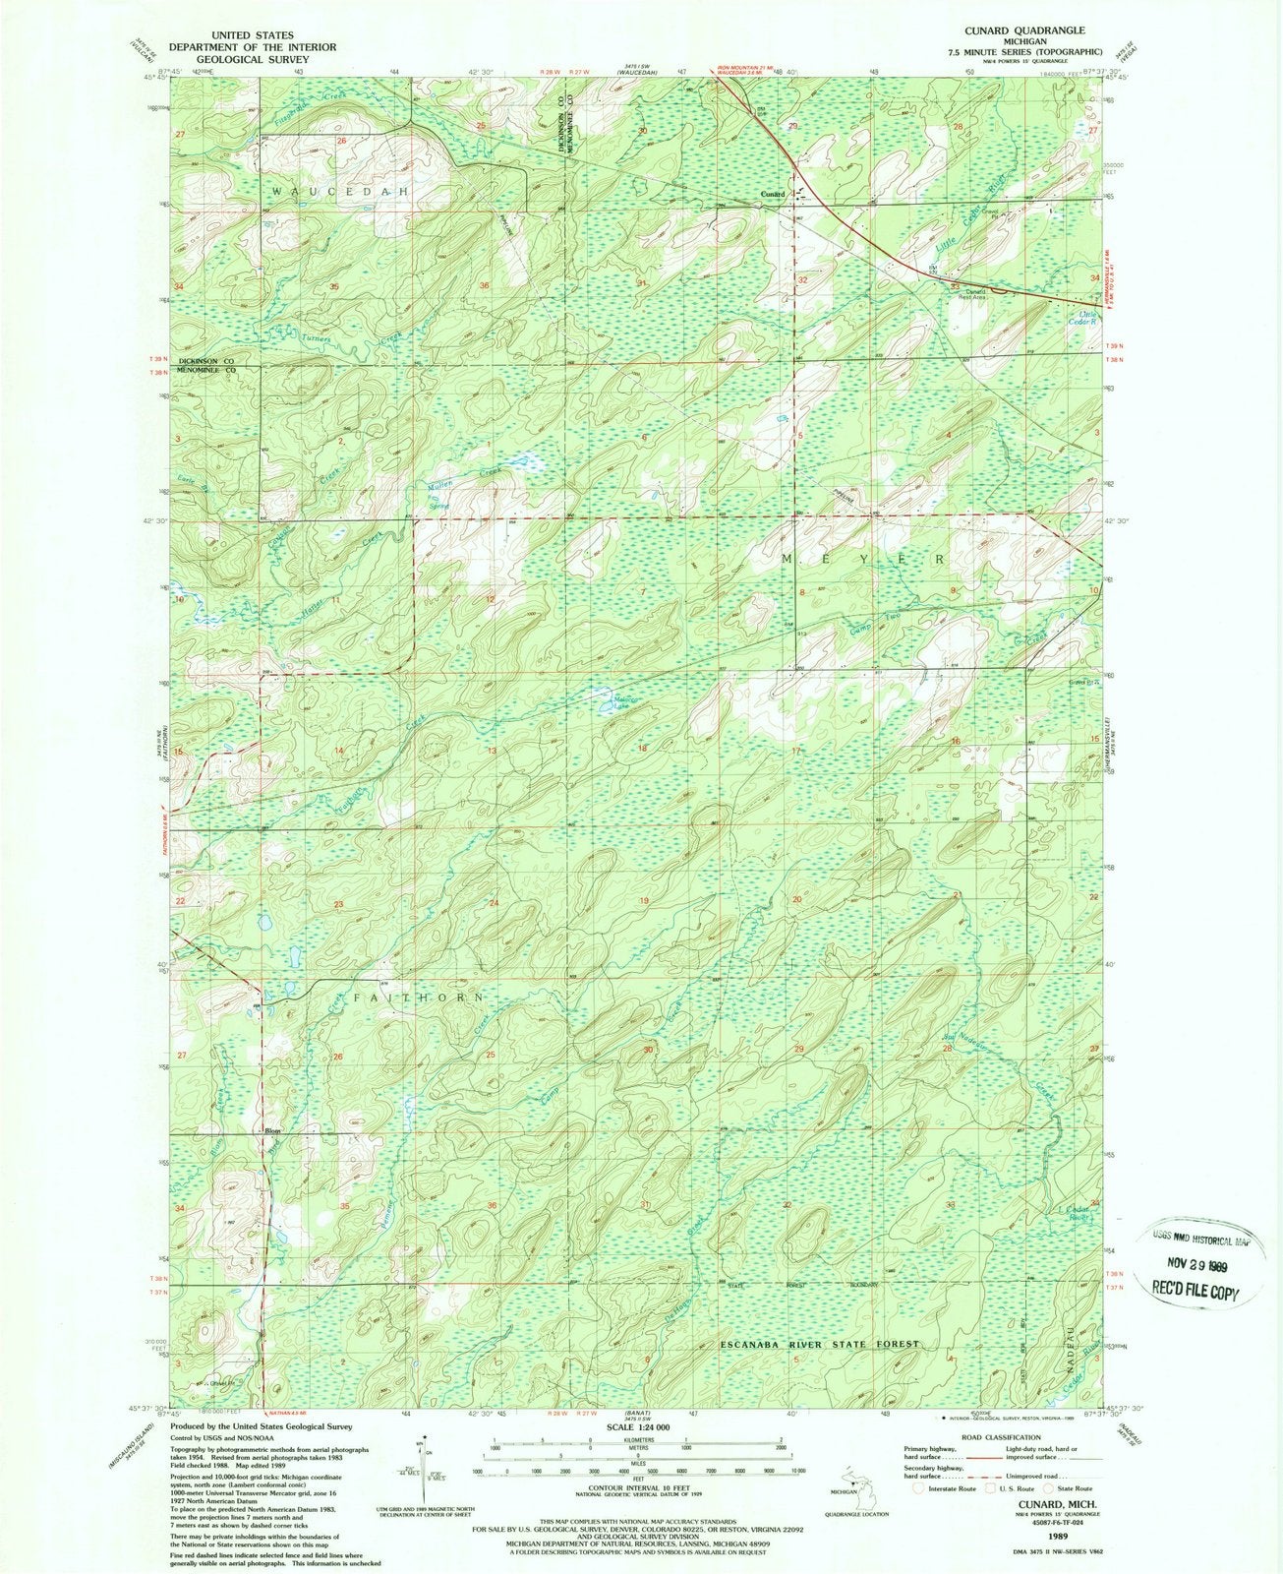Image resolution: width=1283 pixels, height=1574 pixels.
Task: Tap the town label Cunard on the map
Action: click(772, 195)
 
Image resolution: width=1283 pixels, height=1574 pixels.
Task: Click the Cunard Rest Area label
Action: click(962, 293)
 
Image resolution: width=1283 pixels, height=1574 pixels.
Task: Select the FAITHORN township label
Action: click(405, 998)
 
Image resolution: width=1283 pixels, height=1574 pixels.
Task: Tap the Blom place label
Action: click(273, 1131)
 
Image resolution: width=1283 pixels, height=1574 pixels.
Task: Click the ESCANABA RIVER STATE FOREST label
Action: click(819, 1344)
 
